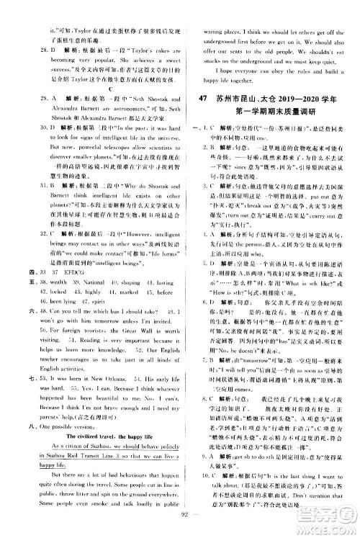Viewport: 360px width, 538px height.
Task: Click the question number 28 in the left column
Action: pos(27,50)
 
